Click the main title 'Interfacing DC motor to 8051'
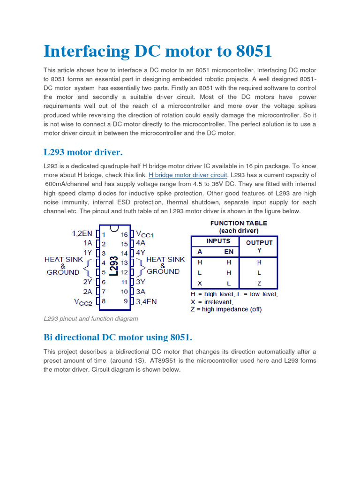[x=157, y=51]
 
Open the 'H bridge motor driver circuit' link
[x=188, y=175]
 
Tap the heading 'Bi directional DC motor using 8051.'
[x=118, y=337]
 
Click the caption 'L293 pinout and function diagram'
[x=91, y=319]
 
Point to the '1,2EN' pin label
[x=82, y=233]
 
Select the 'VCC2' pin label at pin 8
[x=83, y=302]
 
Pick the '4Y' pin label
[x=140, y=252]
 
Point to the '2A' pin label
[x=88, y=292]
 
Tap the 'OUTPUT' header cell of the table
[x=259, y=243]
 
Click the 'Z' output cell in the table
[x=259, y=283]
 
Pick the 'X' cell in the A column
[x=200, y=283]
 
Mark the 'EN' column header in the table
[x=228, y=252]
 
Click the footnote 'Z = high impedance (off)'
[x=226, y=309]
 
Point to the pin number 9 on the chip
[x=126, y=301]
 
